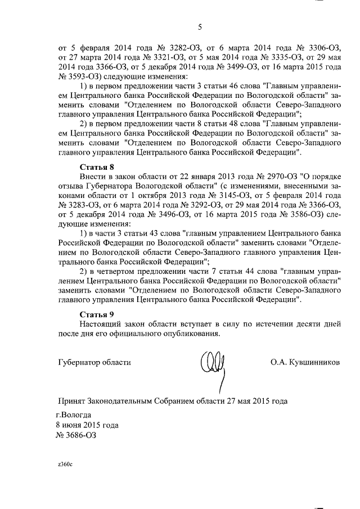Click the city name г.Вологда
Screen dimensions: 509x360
[x=73, y=415]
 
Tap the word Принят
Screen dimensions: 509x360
[x=74, y=401]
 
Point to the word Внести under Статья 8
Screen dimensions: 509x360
[x=92, y=178]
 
